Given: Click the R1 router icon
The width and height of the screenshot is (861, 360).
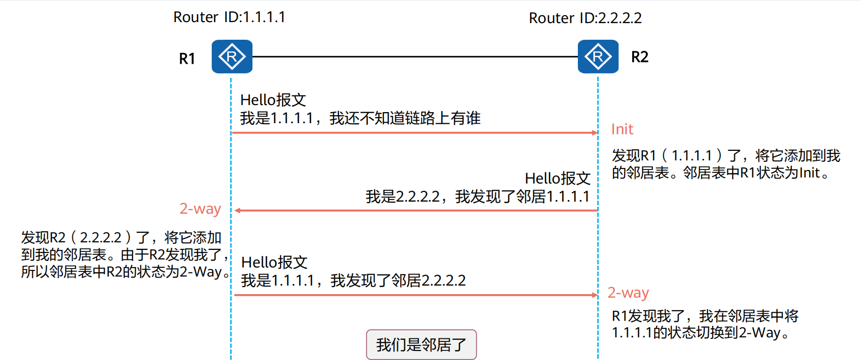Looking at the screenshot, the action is [x=232, y=57].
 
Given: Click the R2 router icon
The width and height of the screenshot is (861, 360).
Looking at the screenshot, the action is [x=598, y=57].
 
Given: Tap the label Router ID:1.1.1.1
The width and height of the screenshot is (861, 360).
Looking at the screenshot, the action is [x=229, y=17].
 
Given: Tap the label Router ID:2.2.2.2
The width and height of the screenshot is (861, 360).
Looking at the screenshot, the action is [x=585, y=18].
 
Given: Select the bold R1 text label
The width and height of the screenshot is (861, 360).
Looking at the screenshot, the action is [x=187, y=59].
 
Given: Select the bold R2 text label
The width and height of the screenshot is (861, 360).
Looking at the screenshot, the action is [x=640, y=57].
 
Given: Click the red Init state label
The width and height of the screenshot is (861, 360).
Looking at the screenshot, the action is [x=622, y=129].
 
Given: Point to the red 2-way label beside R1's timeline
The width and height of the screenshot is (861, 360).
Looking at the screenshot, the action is [x=200, y=209].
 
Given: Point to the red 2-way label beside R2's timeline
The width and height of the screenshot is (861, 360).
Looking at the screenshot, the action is [x=628, y=293].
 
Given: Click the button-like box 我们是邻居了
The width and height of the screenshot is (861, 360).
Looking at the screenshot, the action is [x=421, y=345].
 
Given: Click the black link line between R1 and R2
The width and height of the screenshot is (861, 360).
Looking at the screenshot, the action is [x=415, y=57].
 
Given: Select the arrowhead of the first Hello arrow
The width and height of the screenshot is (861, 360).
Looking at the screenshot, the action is [x=594, y=133].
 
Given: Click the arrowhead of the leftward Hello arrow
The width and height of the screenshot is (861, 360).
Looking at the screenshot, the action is [x=238, y=210].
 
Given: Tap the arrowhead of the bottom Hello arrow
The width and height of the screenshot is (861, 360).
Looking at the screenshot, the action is [x=594, y=295].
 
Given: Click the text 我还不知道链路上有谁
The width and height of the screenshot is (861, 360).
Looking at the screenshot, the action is [x=405, y=118].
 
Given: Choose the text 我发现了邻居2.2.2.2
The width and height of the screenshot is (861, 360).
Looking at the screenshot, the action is [x=398, y=281].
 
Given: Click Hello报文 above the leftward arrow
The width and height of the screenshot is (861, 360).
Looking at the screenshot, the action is [x=557, y=178].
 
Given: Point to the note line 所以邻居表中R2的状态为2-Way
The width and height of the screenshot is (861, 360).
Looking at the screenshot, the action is [x=124, y=272].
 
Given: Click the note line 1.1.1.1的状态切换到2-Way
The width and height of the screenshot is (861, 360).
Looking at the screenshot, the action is [x=699, y=333].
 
